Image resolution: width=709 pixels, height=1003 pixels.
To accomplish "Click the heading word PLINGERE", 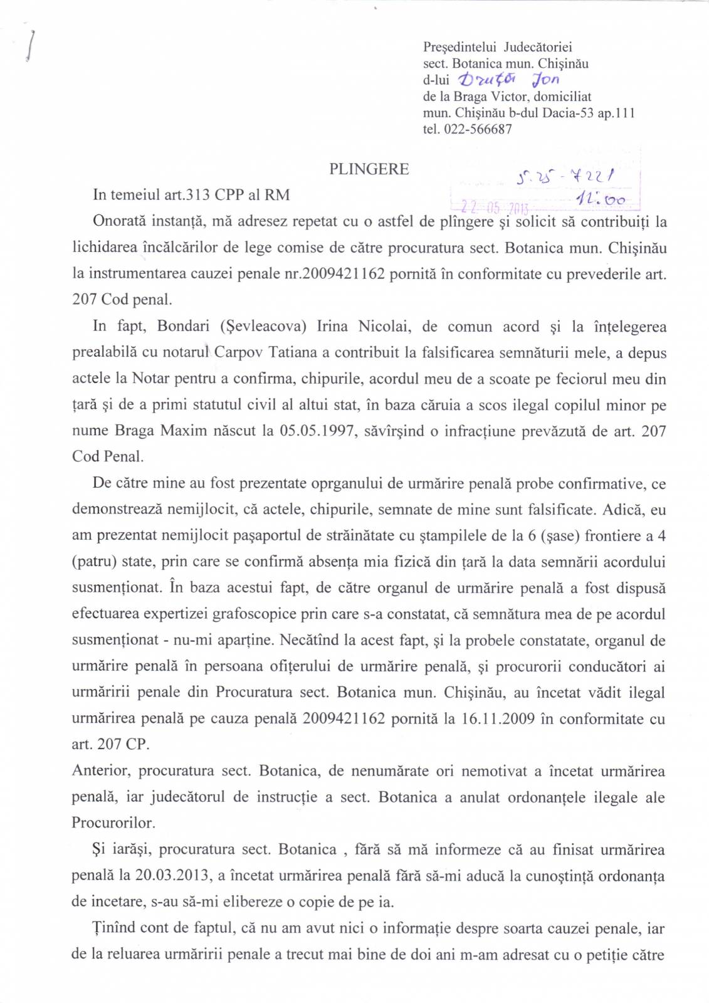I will (369, 169).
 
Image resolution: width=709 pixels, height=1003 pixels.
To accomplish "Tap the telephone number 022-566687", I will (478, 130).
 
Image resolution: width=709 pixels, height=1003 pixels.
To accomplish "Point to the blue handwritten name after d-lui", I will (508, 80).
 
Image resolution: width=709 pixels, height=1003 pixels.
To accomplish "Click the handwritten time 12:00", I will (601, 200).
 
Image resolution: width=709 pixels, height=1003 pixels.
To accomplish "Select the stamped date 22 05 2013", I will (495, 207).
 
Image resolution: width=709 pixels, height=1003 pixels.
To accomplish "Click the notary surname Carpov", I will (239, 353).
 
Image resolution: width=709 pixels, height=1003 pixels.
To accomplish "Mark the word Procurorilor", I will (113, 823).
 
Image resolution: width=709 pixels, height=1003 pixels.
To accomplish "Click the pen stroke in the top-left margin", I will (30, 46).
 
